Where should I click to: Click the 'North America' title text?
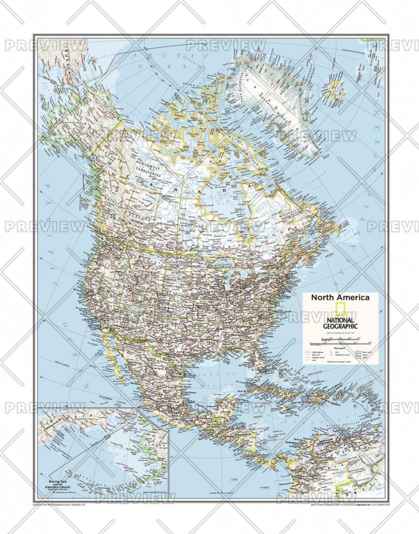click(340, 297)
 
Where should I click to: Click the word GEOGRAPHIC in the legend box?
click(340, 326)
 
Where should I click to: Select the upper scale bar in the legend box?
click(339, 340)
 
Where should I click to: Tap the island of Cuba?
click(271, 386)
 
